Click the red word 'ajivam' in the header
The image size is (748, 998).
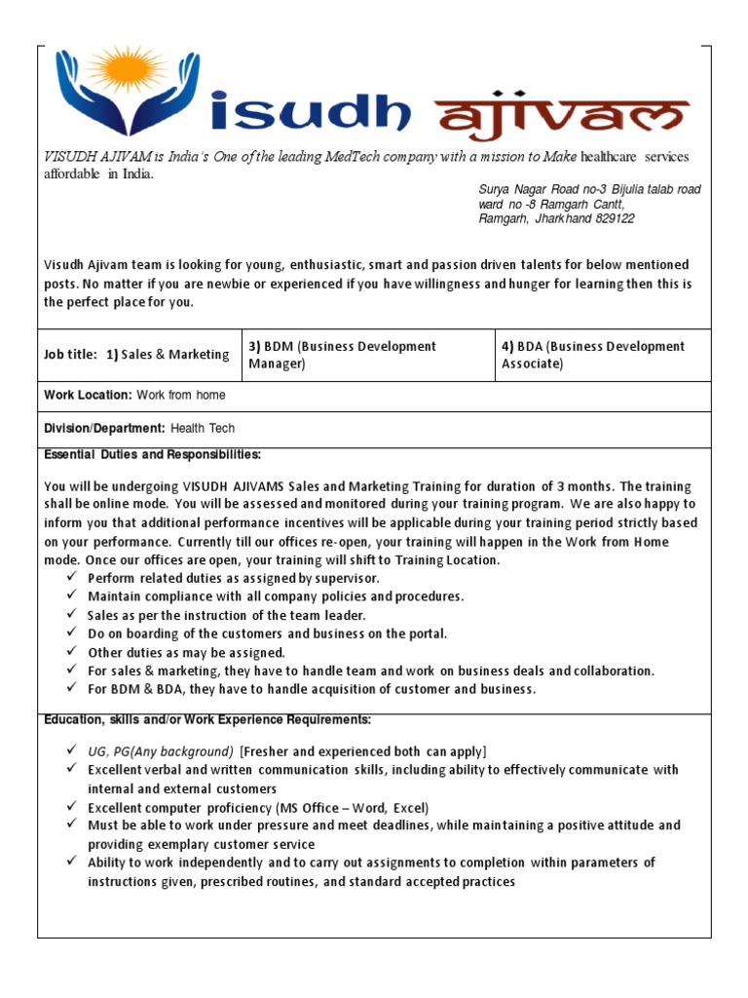pyautogui.click(x=565, y=120)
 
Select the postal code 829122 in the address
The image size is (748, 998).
pyautogui.click(x=613, y=219)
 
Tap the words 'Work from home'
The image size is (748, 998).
pyautogui.click(x=181, y=395)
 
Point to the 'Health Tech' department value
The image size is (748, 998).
pyautogui.click(x=203, y=428)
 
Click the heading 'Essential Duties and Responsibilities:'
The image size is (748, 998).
pyautogui.click(x=153, y=454)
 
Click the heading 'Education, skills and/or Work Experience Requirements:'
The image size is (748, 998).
pyautogui.click(x=207, y=720)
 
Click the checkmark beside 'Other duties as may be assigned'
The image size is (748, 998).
pyautogui.click(x=73, y=652)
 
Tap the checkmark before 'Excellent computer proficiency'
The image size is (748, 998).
pyautogui.click(x=73, y=807)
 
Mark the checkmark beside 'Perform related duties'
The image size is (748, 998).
pyautogui.click(x=73, y=578)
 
